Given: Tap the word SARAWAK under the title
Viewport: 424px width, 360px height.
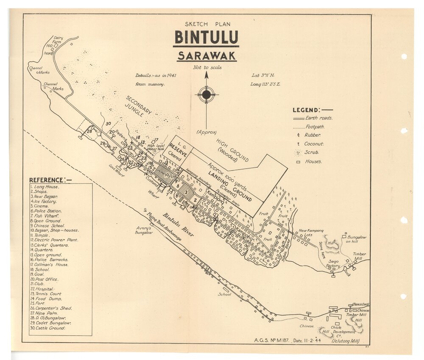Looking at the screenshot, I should tap(206, 56).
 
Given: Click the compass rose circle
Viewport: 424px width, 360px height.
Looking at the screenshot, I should tap(206, 94).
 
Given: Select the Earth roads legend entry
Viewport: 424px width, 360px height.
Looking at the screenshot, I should tap(318, 118).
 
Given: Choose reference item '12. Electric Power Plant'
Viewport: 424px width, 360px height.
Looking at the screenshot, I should tap(54, 240).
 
